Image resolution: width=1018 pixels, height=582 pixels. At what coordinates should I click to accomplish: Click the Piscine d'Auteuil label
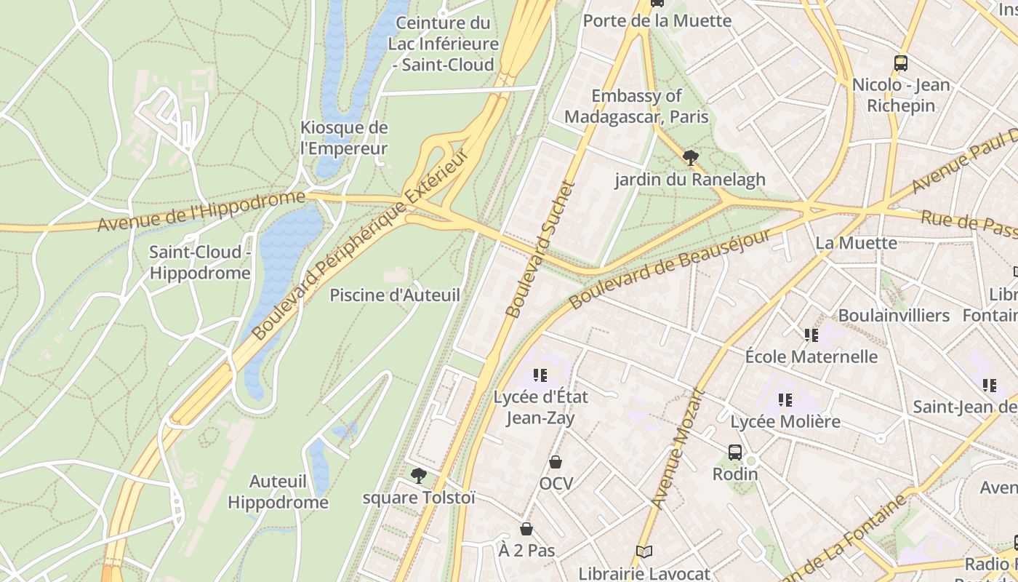[395, 295]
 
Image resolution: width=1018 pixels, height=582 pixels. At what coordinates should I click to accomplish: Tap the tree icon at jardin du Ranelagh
[691, 157]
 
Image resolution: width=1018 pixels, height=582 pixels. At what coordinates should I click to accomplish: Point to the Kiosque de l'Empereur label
[344, 138]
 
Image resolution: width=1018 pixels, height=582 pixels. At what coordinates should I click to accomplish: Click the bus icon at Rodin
[735, 453]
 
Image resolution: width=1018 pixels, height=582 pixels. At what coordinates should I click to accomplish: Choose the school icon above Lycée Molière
[785, 399]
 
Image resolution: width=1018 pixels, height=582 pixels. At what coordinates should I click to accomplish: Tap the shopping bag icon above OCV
[556, 462]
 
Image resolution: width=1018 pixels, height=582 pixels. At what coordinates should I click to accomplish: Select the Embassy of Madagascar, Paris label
[636, 106]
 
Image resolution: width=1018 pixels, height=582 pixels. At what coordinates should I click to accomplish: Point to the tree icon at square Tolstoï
[418, 476]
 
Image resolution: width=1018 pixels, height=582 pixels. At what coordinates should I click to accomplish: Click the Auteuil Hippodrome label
[278, 492]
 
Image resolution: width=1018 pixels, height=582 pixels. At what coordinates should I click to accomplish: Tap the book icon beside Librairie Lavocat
[644, 552]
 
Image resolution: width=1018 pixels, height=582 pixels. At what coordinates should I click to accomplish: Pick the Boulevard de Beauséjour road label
[670, 269]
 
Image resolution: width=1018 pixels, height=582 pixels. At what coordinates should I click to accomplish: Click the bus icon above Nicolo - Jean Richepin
[901, 63]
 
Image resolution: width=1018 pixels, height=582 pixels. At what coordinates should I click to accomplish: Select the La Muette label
[857, 243]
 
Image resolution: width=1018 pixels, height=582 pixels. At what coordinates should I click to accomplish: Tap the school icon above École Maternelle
[811, 335]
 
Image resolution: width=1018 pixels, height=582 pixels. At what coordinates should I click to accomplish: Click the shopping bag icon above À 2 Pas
[526, 529]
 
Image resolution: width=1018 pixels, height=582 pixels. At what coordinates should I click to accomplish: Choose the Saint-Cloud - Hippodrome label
[200, 263]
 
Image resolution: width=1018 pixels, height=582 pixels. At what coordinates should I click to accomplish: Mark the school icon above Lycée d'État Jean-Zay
[540, 375]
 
